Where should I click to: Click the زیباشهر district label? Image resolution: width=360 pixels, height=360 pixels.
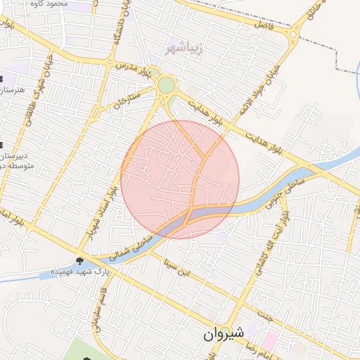[x=181, y=48]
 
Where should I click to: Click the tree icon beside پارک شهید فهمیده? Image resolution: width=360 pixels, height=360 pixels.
[x=79, y=261]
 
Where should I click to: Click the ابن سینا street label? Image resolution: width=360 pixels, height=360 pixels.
[x=176, y=265]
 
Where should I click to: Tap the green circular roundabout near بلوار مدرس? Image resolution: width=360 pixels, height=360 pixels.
[x=166, y=85]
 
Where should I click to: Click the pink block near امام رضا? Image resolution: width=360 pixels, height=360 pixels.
[x=269, y=341]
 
